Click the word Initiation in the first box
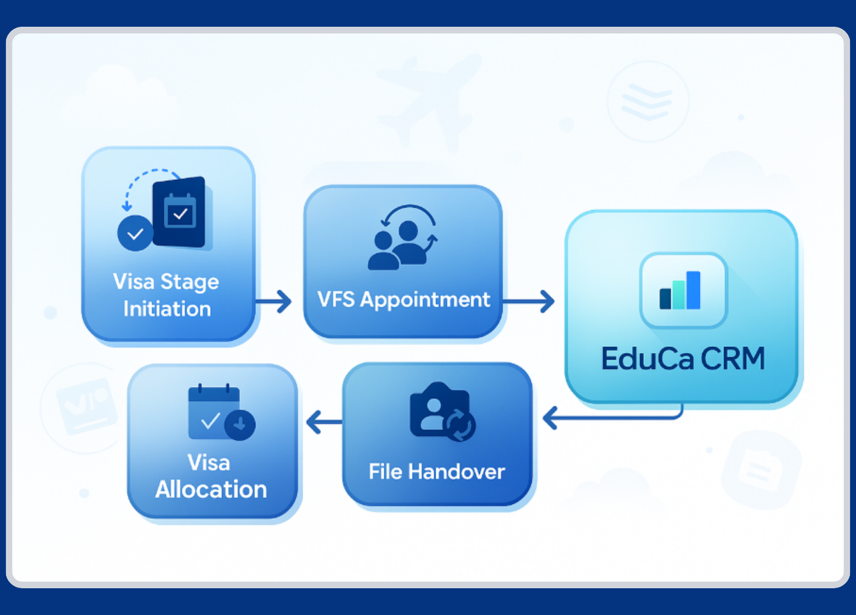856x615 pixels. pyautogui.click(x=167, y=309)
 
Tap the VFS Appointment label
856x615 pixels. pyautogui.click(x=403, y=299)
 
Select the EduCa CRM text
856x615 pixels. pyautogui.click(x=683, y=359)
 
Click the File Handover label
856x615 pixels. pyautogui.click(x=437, y=471)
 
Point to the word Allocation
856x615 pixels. pyautogui.click(x=211, y=489)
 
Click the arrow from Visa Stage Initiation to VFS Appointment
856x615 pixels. pyautogui.click(x=274, y=301)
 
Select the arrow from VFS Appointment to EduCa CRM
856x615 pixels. pyautogui.click(x=528, y=301)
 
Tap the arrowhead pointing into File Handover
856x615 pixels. pyautogui.click(x=550, y=419)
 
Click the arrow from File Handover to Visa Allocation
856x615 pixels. pyautogui.click(x=324, y=421)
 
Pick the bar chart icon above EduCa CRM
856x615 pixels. pyautogui.click(x=683, y=291)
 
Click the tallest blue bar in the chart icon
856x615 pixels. pyautogui.click(x=693, y=290)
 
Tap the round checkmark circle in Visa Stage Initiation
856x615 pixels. pyautogui.click(x=135, y=233)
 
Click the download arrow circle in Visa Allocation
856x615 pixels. pyautogui.click(x=239, y=424)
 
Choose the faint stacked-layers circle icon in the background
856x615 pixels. pyautogui.click(x=647, y=101)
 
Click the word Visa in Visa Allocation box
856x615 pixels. pyautogui.click(x=209, y=463)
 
